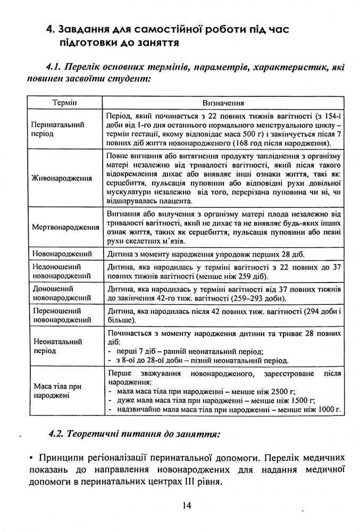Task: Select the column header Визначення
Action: [223, 101]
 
